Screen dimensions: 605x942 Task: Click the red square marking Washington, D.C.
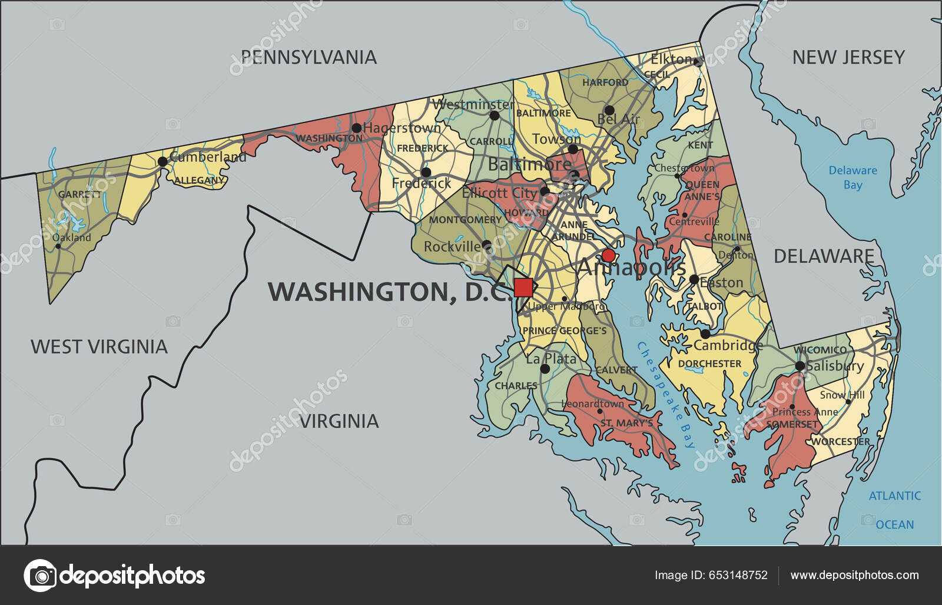pyautogui.click(x=523, y=287)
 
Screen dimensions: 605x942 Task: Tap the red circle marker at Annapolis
pyautogui.click(x=608, y=255)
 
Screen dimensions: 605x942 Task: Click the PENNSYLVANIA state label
pyautogui.click(x=309, y=57)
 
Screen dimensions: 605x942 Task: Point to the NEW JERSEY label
pyautogui.click(x=848, y=57)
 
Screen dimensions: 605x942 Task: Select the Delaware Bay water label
pyautogui.click(x=853, y=177)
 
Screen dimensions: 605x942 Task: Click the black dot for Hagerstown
pyautogui.click(x=356, y=128)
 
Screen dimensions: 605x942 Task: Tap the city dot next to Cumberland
pyautogui.click(x=162, y=161)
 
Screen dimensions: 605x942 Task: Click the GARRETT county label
pyautogui.click(x=79, y=194)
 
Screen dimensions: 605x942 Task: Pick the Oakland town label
pyautogui.click(x=72, y=237)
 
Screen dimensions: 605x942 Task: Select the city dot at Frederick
pyautogui.click(x=426, y=173)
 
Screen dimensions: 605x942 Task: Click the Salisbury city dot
pyautogui.click(x=800, y=366)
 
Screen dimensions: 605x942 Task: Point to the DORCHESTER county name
pyautogui.click(x=709, y=364)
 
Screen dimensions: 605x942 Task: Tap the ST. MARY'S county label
pyautogui.click(x=626, y=423)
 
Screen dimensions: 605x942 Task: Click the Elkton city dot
pyautogui.click(x=698, y=61)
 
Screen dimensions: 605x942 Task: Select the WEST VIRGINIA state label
pyautogui.click(x=99, y=346)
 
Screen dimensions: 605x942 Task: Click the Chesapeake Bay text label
pyautogui.click(x=667, y=395)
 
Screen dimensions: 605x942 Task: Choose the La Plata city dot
pyautogui.click(x=545, y=369)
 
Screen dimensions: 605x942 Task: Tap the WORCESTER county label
pyautogui.click(x=840, y=441)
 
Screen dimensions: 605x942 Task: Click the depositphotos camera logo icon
pyautogui.click(x=40, y=575)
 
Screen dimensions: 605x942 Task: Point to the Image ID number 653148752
pyautogui.click(x=711, y=575)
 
